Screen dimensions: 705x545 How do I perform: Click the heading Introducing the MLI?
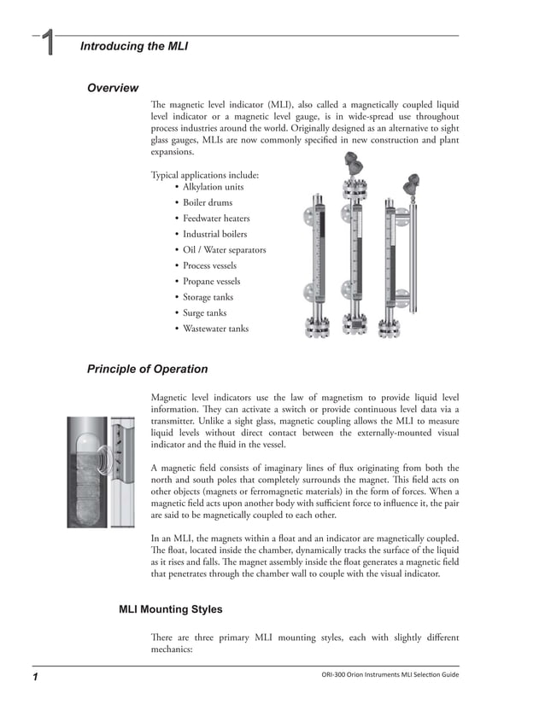point(133,46)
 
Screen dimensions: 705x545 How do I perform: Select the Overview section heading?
point(113,88)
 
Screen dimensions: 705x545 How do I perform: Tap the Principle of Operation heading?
point(147,369)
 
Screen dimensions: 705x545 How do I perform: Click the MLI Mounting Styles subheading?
point(171,609)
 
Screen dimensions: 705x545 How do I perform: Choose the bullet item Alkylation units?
point(213,187)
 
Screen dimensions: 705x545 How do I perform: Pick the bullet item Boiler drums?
point(208,203)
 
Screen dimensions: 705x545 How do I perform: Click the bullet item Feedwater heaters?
point(216,218)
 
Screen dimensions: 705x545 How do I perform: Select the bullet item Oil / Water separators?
point(224,250)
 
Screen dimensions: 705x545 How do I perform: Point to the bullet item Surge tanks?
point(205,313)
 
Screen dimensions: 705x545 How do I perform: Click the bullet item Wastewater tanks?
point(215,329)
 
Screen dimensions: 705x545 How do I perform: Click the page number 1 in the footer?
point(37,677)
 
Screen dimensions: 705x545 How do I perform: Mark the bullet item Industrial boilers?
point(214,235)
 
